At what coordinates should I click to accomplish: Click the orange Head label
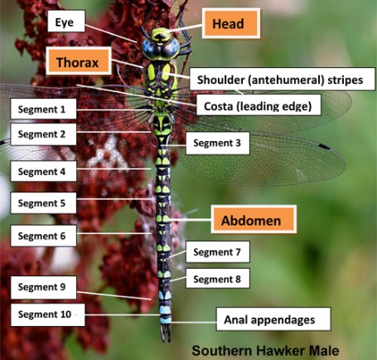231,23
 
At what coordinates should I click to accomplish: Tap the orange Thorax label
79,61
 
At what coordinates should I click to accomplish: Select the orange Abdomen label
254,220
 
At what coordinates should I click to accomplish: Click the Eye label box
66,22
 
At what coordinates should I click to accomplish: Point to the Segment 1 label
43,109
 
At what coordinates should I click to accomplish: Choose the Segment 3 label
218,143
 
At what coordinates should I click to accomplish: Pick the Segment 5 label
43,203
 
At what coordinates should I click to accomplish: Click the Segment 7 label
218,251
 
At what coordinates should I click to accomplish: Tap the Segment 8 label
218,279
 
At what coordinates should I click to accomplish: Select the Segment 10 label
47,314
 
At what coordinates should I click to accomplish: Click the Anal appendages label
273,319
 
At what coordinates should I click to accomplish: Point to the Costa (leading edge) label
259,105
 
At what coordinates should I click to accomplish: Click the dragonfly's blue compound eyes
161,49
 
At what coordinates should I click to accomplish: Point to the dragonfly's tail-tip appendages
166,333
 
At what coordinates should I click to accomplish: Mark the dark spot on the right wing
324,146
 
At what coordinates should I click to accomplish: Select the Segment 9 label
43,287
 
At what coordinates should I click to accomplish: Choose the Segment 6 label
43,236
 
